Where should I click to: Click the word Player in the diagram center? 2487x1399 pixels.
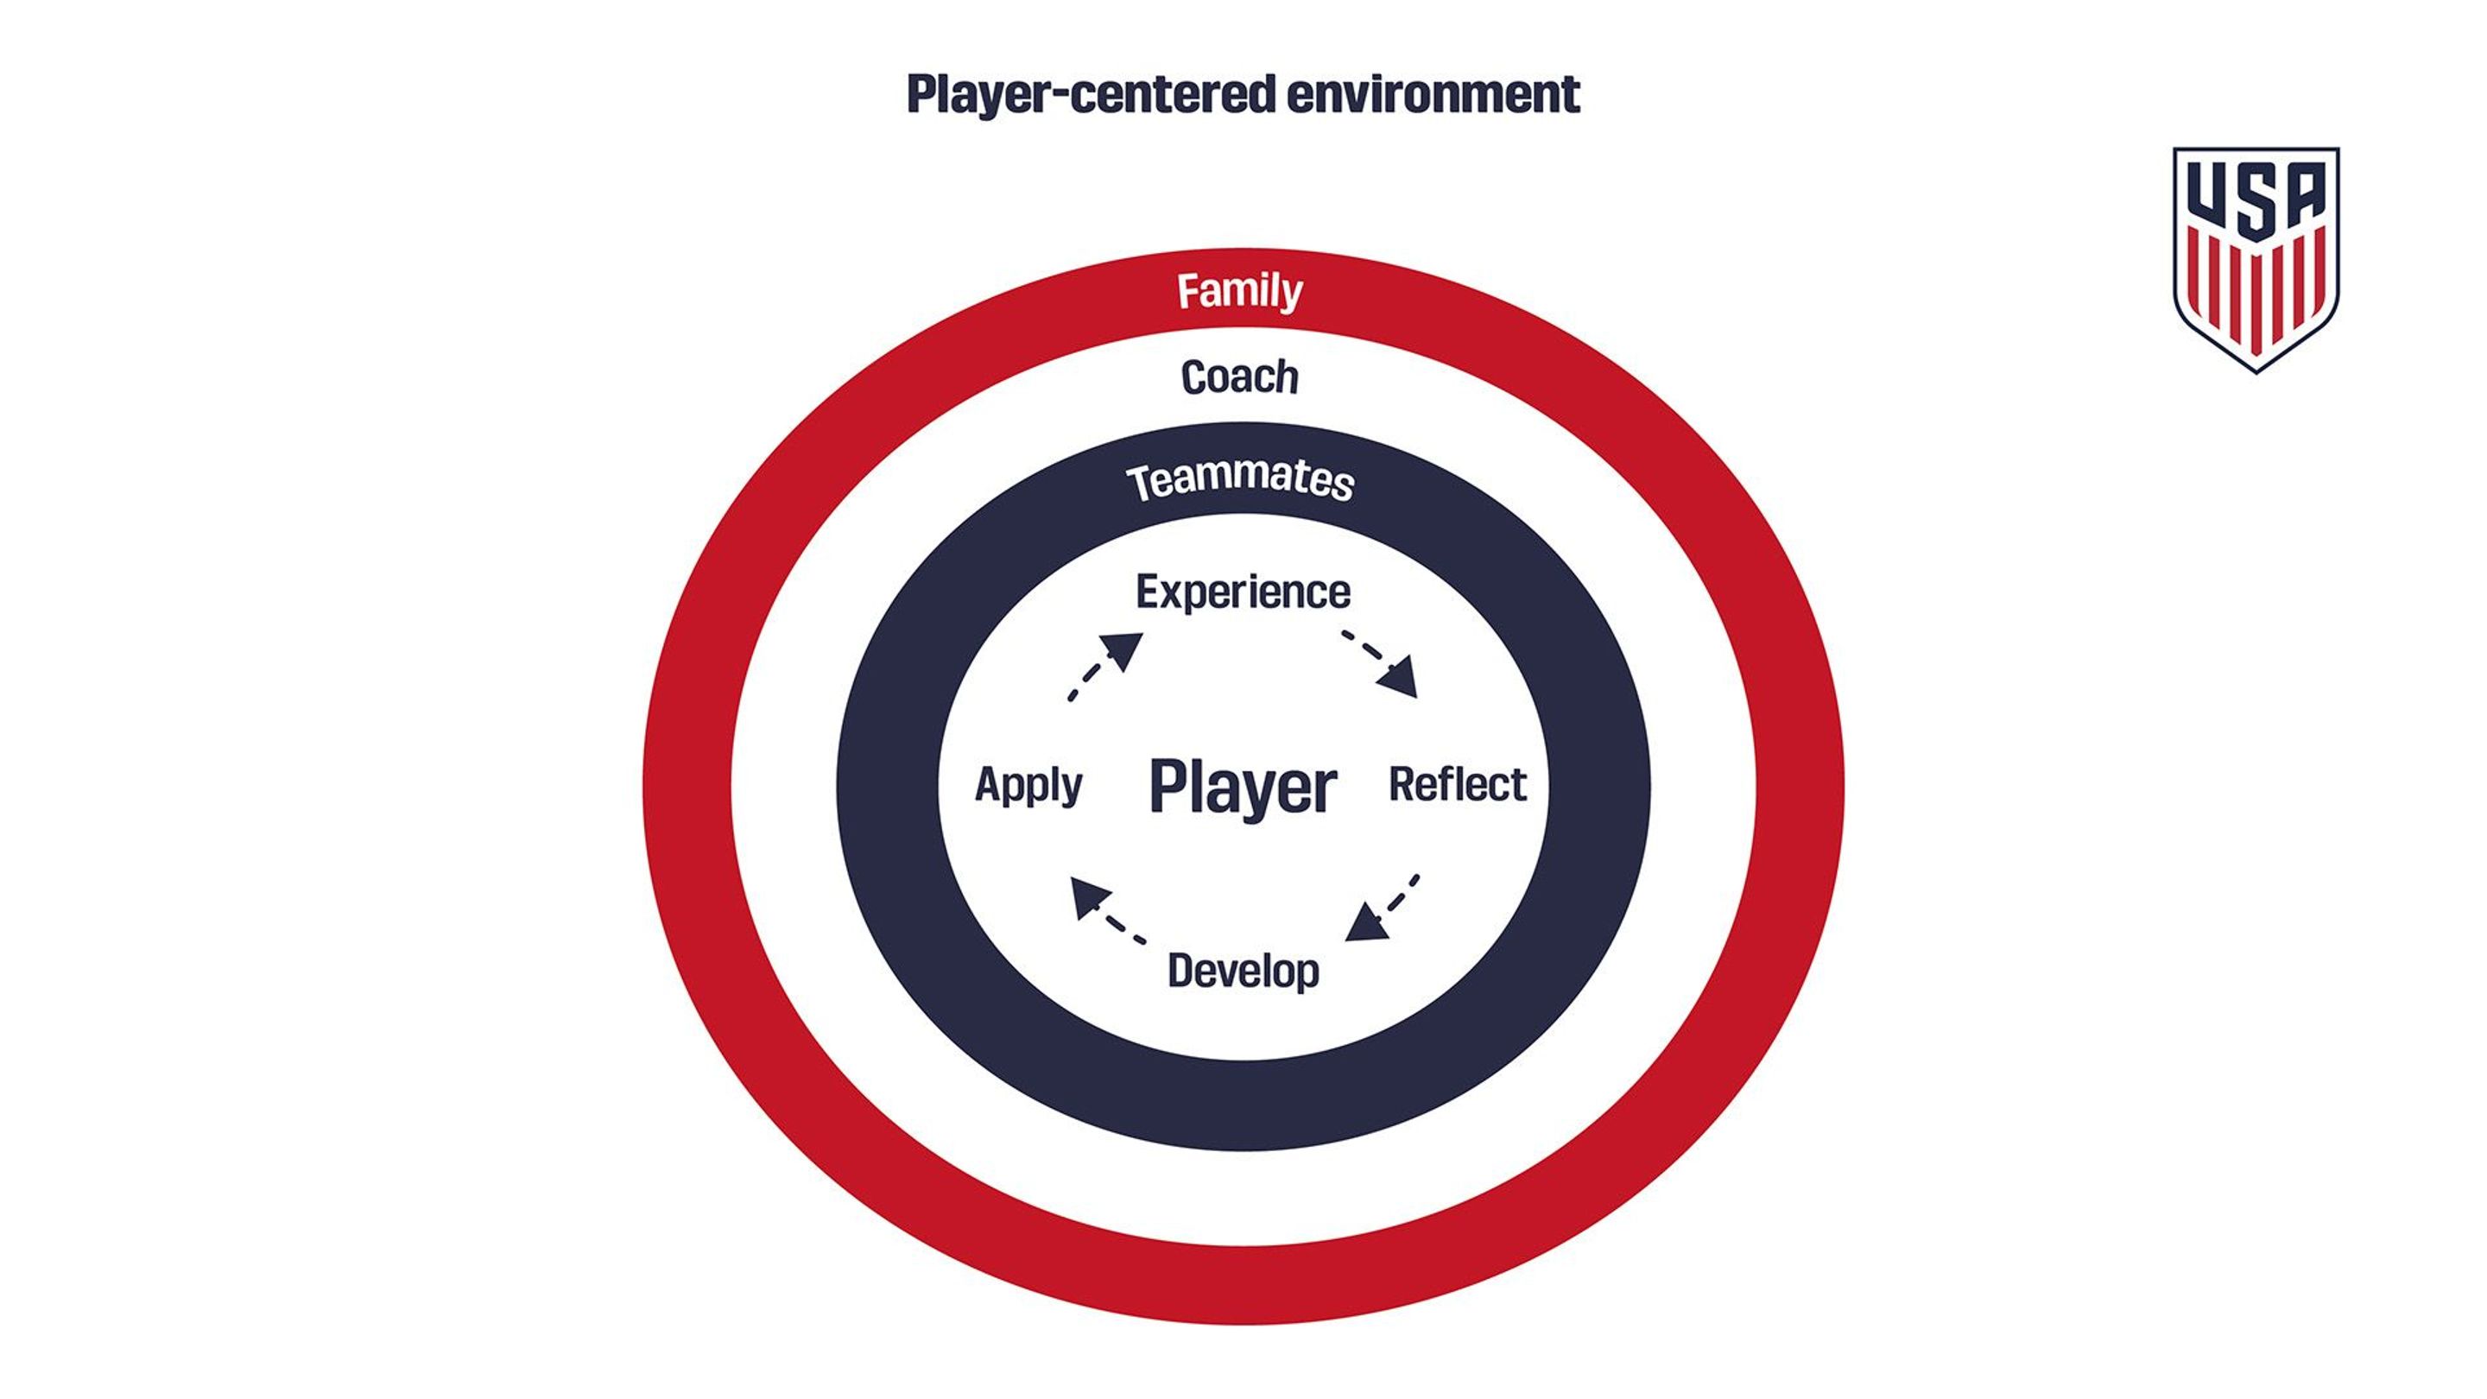(1243, 787)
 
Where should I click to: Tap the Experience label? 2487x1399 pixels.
(1243, 592)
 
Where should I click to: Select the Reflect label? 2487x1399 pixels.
(1457, 784)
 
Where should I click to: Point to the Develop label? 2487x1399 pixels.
(1243, 971)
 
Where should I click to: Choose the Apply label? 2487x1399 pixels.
(1028, 785)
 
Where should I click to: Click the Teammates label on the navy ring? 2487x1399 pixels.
(1241, 480)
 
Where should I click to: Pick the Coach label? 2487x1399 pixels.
(1240, 377)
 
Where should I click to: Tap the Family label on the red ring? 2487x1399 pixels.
(1240, 291)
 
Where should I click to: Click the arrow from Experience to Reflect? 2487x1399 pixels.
(1381, 662)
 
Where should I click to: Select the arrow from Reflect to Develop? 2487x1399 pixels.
(1383, 908)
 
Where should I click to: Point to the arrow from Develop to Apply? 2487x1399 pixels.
(1107, 910)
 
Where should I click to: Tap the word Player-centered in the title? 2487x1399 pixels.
(1090, 96)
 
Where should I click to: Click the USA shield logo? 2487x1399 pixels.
(2256, 258)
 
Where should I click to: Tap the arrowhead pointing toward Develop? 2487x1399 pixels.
(1365, 923)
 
